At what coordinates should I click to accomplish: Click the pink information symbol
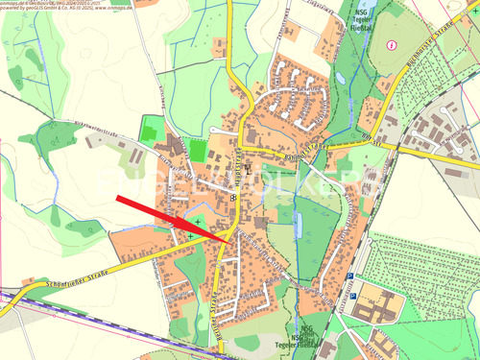[x=391, y=44]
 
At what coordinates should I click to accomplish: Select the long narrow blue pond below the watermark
[x=299, y=226]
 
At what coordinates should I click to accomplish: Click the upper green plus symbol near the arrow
[x=197, y=223]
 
